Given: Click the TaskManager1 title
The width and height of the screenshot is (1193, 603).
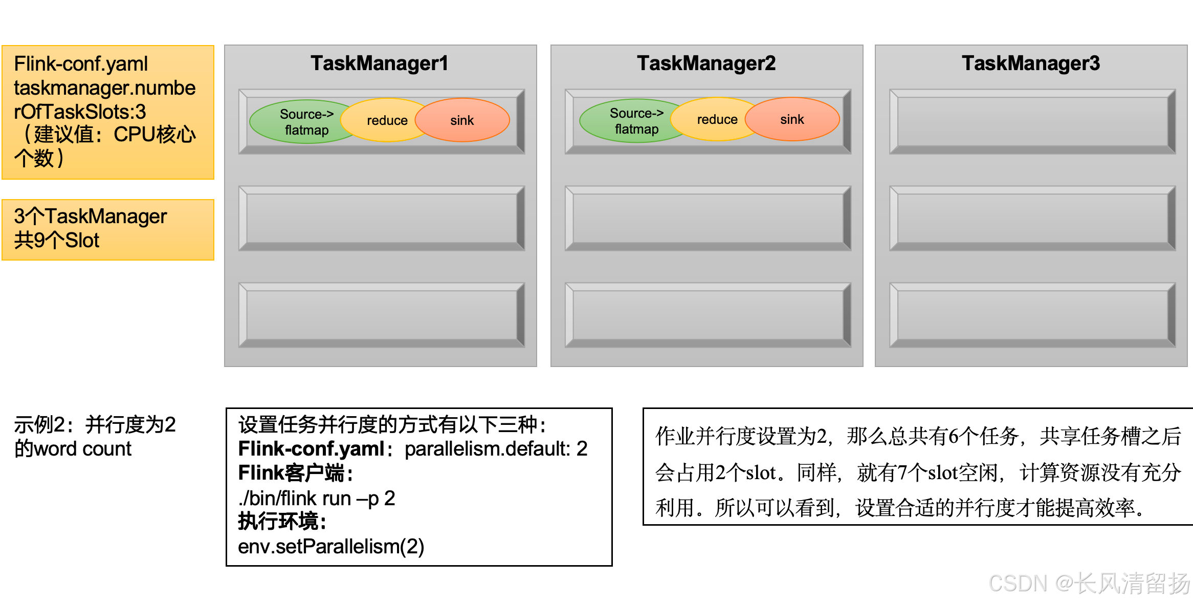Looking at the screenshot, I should point(379,63).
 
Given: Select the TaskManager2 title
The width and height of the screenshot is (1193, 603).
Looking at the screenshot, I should point(706,63).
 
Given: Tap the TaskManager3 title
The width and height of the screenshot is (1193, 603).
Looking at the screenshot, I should point(1030,63).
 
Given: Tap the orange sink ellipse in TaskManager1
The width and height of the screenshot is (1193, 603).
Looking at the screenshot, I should point(462,120).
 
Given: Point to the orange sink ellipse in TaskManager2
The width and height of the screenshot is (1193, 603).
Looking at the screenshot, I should point(792,119).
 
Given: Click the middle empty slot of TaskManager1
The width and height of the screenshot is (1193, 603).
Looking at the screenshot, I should point(382,218).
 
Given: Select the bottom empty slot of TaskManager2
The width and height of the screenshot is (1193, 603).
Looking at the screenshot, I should point(708,315).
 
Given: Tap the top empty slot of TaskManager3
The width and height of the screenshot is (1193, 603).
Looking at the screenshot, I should point(1032,121).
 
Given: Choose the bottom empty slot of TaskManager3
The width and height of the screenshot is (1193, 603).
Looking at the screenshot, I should point(1032,315).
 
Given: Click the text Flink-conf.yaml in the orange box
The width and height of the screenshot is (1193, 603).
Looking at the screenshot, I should point(81,64).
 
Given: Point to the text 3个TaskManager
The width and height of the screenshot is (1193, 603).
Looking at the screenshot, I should point(91,217).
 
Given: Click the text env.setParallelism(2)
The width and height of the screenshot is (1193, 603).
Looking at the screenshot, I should point(331,547).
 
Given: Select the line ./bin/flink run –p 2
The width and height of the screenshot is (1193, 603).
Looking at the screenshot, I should point(317,498).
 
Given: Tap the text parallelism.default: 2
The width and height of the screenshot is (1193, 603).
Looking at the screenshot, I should point(496,449).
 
